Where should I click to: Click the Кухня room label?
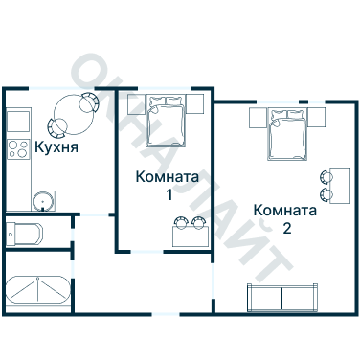pyautogui.click(x=56, y=148)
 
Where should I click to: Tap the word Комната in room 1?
pyautogui.click(x=168, y=177)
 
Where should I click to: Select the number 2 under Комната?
pyautogui.click(x=286, y=229)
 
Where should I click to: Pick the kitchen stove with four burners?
pyautogui.click(x=17, y=149)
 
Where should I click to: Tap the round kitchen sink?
pyautogui.click(x=41, y=200)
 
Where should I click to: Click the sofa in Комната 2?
pyautogui.click(x=281, y=298)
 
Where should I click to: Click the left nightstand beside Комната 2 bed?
pyautogui.click(x=258, y=117)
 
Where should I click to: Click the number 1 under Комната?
pyautogui.click(x=169, y=195)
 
